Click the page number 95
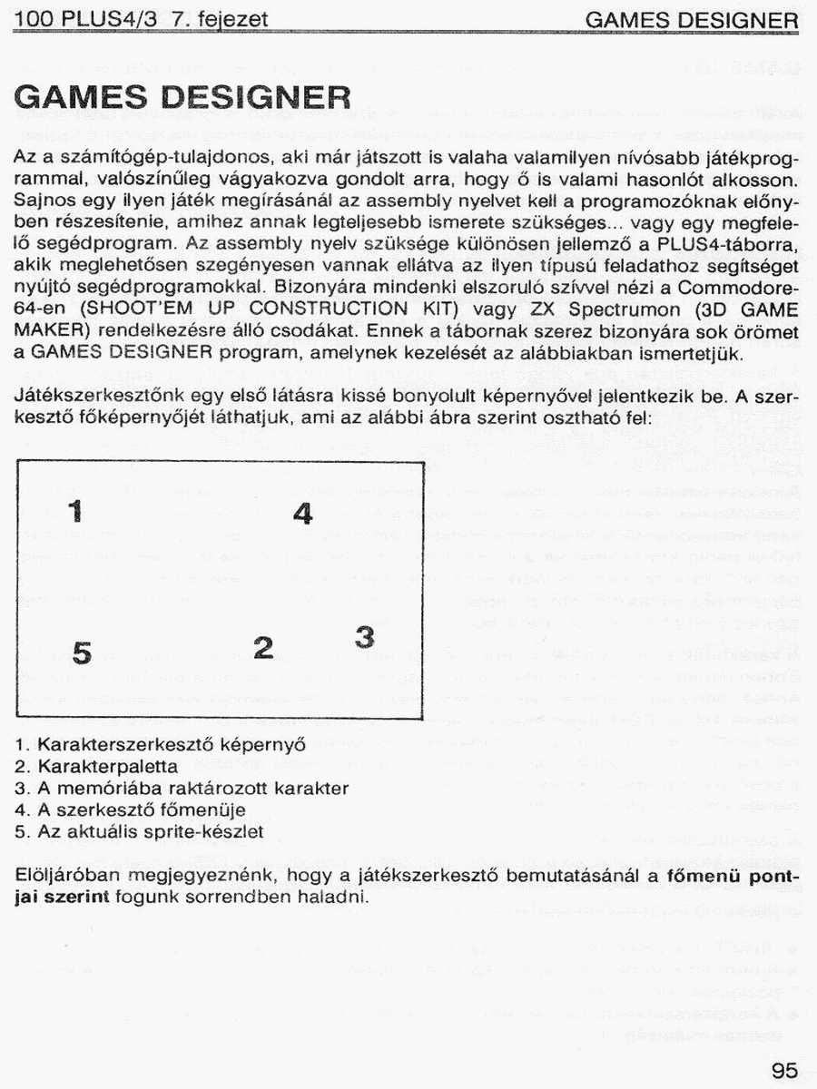tap(785, 1069)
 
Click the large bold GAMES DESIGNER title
tap(182, 97)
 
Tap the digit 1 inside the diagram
tap(76, 510)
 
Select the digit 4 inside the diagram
tap(302, 514)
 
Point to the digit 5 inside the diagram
tap(82, 652)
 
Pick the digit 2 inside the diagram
tap(263, 647)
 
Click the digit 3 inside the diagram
tap(364, 637)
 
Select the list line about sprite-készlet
tap(140, 830)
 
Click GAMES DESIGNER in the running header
tap(692, 20)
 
